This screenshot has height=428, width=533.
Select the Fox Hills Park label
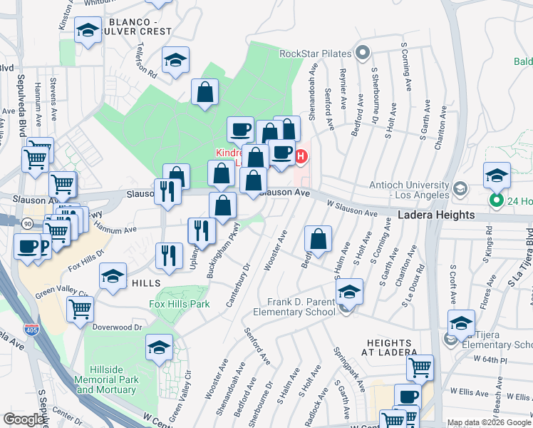(x=179, y=304)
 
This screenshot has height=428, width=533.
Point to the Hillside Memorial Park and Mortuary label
(x=107, y=380)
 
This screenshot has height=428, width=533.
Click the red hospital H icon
(x=301, y=156)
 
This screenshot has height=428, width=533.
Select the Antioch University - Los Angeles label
(x=409, y=188)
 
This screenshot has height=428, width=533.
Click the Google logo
(x=24, y=419)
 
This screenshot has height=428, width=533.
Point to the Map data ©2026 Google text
(x=488, y=423)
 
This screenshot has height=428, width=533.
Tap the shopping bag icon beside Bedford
(x=319, y=240)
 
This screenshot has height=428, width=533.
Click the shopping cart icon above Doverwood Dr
(x=80, y=309)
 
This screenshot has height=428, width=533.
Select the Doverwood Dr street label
(x=118, y=327)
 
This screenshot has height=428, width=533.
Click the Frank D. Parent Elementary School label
(x=301, y=307)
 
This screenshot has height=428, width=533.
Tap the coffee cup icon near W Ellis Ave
(x=407, y=396)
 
